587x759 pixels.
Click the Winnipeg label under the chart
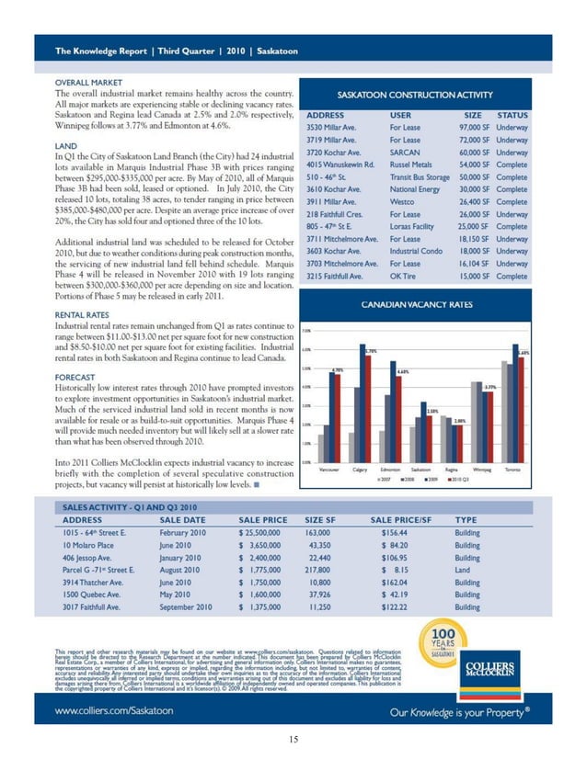click(x=480, y=469)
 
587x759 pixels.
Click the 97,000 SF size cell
click(x=463, y=127)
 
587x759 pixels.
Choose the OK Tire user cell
click(x=404, y=276)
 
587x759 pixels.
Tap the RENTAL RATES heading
click(x=86, y=314)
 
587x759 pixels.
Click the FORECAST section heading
click(x=78, y=375)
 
